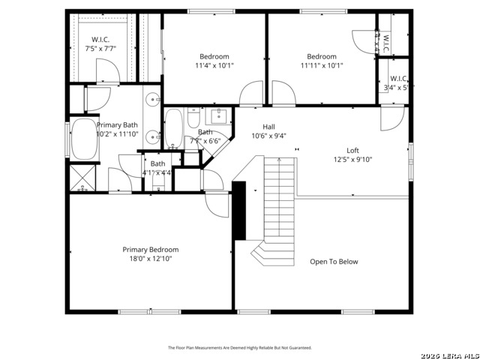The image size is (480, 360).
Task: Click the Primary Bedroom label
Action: (x=151, y=249)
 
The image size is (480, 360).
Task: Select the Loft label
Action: (x=352, y=150)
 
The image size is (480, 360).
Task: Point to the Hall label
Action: (x=268, y=127)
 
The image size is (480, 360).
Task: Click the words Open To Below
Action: (x=334, y=262)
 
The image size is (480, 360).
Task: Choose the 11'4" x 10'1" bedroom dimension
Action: (x=214, y=65)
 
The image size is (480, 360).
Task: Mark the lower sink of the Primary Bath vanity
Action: (x=151, y=136)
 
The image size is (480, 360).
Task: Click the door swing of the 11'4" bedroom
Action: (x=250, y=95)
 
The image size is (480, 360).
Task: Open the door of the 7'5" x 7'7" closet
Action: (x=107, y=71)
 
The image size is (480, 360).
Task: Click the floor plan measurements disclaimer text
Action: (x=239, y=348)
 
